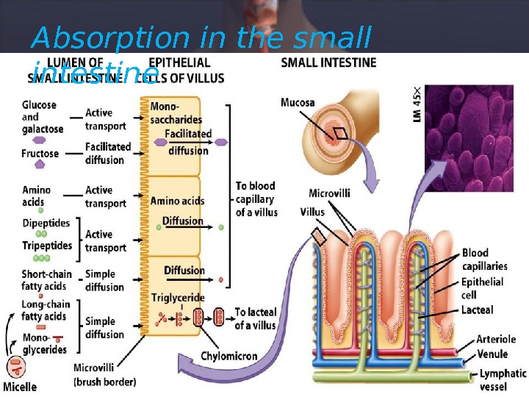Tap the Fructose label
coord(40,154)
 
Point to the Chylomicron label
coord(229,356)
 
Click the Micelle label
coord(20,386)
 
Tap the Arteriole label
coord(497,340)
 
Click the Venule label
coord(492,354)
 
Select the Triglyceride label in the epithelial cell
coord(177,298)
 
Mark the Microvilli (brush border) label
coord(105,374)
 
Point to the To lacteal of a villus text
coord(255,318)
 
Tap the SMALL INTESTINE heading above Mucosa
coord(328,63)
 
